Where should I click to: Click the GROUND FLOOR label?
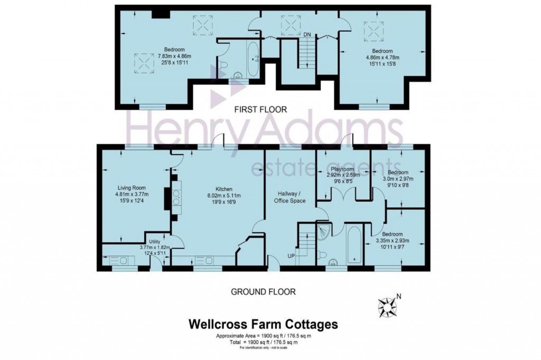coord(263,291)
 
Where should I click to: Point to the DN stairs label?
coord(307,35)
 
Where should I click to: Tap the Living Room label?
coord(131,187)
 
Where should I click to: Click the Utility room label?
coord(155,241)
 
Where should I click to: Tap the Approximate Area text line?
coord(263,336)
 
